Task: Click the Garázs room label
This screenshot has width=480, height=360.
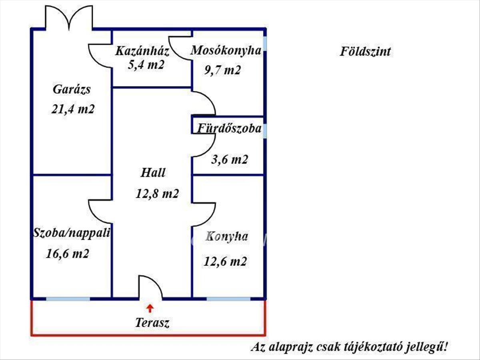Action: (72, 90)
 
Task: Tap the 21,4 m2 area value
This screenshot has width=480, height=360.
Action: (73, 109)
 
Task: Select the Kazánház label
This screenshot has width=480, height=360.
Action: (143, 51)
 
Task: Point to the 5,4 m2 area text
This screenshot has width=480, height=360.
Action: (146, 65)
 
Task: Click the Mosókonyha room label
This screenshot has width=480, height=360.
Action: (226, 50)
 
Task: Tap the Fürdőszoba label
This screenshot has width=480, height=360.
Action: (229, 129)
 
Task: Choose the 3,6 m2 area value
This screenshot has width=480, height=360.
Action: (229, 160)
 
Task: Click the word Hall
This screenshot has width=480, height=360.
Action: (153, 173)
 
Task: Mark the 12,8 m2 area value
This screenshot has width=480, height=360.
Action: (157, 194)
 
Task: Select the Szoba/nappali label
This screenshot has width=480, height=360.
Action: (72, 233)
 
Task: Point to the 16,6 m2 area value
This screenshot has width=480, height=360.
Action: (68, 254)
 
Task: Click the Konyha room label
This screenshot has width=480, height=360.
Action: (227, 236)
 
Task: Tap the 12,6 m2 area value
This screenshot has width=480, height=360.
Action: (225, 262)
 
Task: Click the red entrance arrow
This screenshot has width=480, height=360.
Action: (150, 308)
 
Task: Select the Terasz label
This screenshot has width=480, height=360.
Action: (152, 322)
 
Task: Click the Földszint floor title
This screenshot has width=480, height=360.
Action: (365, 52)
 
